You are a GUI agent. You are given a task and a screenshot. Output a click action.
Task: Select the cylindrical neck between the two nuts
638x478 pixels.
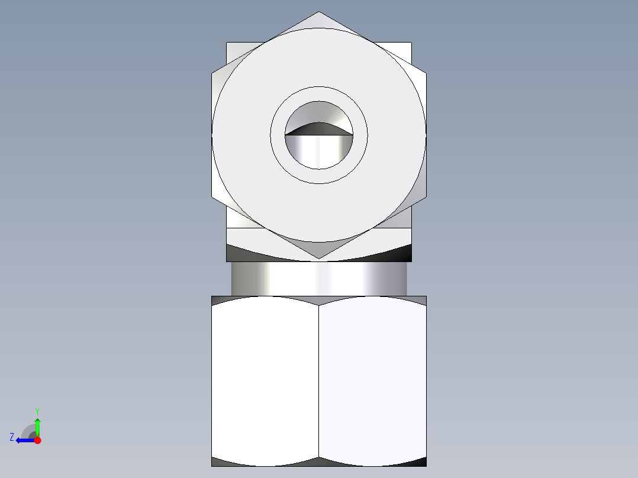pos(318,279)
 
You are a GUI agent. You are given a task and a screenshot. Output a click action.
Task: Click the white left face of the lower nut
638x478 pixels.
pos(265,379)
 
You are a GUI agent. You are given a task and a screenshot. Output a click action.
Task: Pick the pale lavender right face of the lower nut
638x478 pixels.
pos(372,379)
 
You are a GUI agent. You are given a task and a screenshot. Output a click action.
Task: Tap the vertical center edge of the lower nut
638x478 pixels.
pos(318,379)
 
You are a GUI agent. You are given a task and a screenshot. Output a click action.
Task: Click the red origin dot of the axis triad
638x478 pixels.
pos(37,440)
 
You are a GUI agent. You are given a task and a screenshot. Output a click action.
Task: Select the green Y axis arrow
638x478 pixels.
pos(37,425)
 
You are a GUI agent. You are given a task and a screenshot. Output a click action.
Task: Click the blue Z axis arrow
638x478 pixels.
pos(24,440)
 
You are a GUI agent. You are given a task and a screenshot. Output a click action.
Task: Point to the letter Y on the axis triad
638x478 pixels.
pos(37,411)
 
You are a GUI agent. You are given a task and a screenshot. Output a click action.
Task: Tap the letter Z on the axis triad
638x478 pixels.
pos(12,437)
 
